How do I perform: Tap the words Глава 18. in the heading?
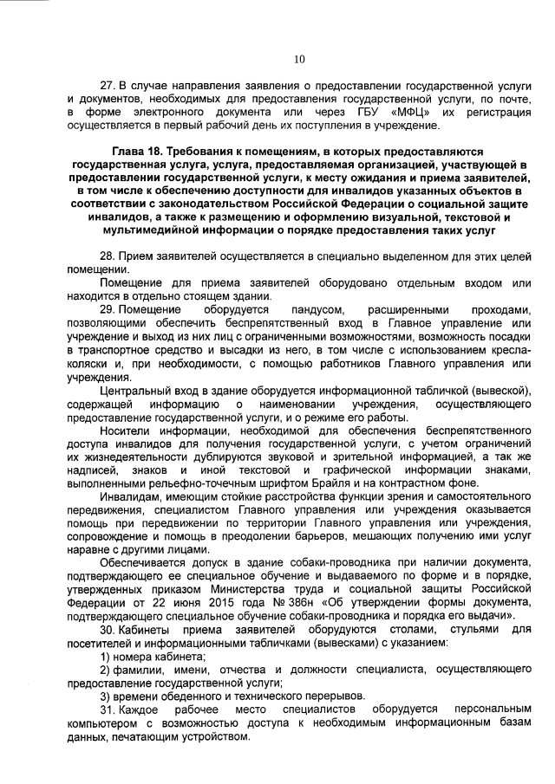pos(139,150)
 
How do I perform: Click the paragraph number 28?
pos(107,257)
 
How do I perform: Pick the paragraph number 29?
pos(107,309)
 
